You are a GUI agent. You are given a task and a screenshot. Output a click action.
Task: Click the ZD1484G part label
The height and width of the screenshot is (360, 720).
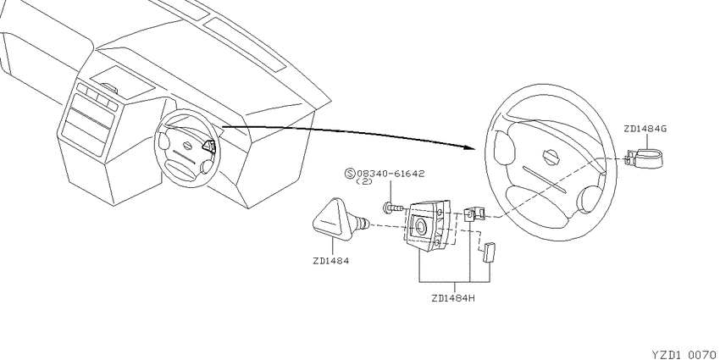[645, 129]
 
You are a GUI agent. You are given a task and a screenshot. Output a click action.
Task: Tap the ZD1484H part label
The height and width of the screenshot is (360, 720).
[453, 298]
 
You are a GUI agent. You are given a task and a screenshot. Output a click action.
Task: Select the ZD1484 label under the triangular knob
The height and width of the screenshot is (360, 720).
[331, 261]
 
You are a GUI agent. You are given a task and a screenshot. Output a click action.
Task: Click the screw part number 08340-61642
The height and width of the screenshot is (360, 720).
[390, 174]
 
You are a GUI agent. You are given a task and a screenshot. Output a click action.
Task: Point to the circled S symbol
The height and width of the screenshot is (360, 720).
[351, 174]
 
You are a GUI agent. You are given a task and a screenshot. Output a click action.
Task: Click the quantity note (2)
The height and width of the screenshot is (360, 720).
[364, 182]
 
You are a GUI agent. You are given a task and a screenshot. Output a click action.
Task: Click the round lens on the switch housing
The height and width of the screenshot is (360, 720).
[419, 226]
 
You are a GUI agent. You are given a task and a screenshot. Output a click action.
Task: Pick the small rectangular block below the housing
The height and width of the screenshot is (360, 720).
[487, 252]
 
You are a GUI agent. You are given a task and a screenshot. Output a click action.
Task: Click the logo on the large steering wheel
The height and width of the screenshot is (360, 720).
[551, 157]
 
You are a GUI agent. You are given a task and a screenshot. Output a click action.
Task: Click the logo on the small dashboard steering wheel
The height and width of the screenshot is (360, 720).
[188, 145]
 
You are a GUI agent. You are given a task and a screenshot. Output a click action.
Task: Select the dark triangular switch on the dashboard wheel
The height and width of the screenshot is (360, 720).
[208, 146]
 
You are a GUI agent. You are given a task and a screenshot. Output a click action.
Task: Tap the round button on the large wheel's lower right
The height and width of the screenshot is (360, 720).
[587, 200]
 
